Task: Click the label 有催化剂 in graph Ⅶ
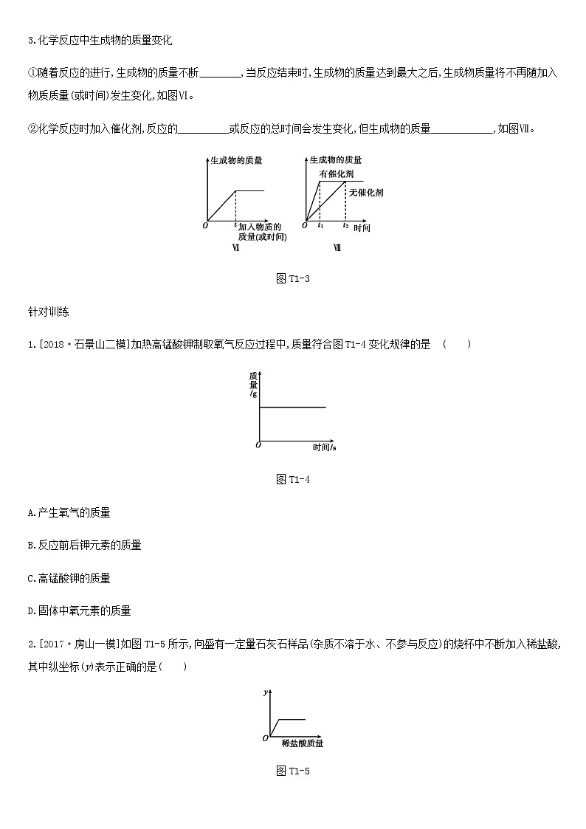(x=336, y=173)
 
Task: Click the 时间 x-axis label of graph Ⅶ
(x=362, y=228)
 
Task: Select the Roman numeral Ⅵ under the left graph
(x=235, y=248)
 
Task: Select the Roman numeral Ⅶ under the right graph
(x=337, y=248)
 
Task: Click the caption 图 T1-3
(x=292, y=278)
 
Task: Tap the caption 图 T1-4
(x=292, y=479)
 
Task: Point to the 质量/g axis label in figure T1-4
(x=253, y=385)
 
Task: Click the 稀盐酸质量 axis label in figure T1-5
(x=302, y=743)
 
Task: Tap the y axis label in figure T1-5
(x=266, y=692)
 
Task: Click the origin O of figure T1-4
(x=258, y=445)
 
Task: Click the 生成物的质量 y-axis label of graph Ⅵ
(x=236, y=159)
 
